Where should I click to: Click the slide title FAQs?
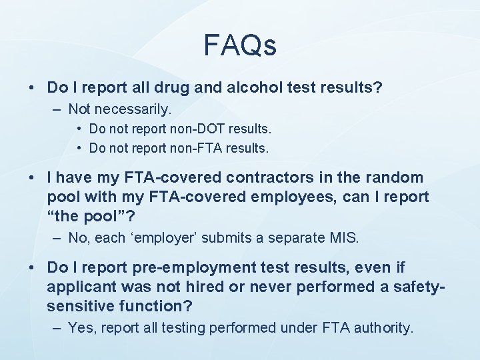[x=239, y=45]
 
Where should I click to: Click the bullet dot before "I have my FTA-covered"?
[x=32, y=178]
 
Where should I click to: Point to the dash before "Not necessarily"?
[x=57, y=108]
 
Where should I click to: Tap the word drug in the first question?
[x=187, y=87]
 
